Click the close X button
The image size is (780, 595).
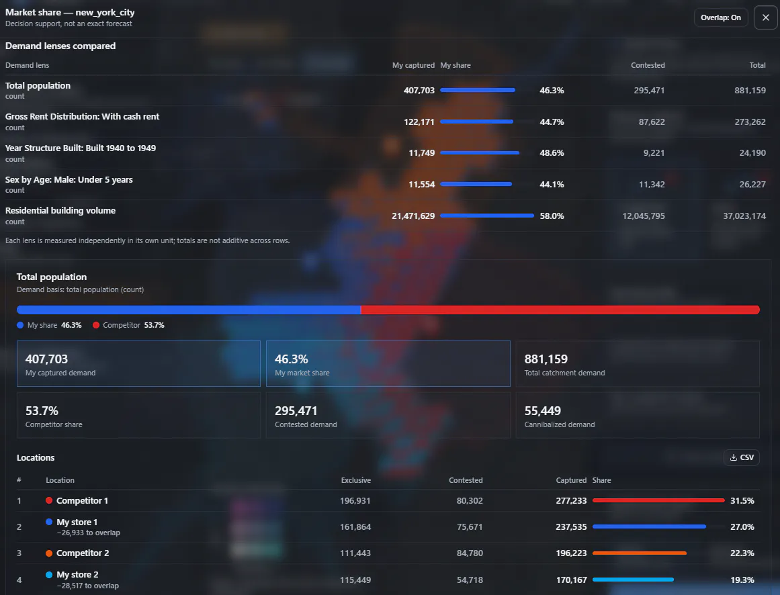coord(766,17)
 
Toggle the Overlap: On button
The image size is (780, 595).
coord(721,17)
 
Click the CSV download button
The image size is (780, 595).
coord(741,457)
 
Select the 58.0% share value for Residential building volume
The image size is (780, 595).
coord(552,216)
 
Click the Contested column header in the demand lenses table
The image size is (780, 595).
coord(648,65)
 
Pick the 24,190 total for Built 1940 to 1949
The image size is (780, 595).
coord(752,152)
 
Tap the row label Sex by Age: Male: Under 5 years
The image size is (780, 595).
coord(69,179)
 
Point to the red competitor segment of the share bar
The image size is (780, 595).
coord(560,310)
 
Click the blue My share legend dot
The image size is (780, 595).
coord(20,325)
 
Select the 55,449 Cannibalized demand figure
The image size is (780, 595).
coord(542,410)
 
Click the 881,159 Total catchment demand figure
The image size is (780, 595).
coord(546,359)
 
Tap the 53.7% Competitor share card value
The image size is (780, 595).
coord(42,410)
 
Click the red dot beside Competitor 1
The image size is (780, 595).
coord(49,500)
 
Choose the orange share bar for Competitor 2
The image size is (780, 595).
coord(640,553)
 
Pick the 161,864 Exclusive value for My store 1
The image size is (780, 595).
coord(355,527)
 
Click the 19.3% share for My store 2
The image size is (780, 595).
coord(742,580)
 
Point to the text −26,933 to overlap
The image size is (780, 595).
coord(89,533)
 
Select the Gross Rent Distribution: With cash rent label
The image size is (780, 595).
coord(82,116)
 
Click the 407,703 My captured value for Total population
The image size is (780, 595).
coord(419,90)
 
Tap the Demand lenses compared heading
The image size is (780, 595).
coord(60,46)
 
